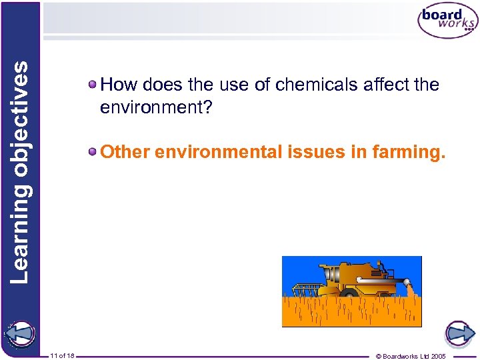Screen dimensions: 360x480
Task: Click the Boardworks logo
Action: [447, 22]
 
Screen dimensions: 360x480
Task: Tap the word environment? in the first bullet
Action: [155, 107]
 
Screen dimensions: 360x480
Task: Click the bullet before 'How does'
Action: [93, 85]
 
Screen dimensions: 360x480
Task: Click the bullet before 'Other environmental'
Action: [93, 151]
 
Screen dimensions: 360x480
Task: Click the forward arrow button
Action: [459, 333]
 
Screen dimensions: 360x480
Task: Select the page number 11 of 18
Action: [62, 356]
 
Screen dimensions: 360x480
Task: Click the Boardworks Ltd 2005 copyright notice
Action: [411, 356]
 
